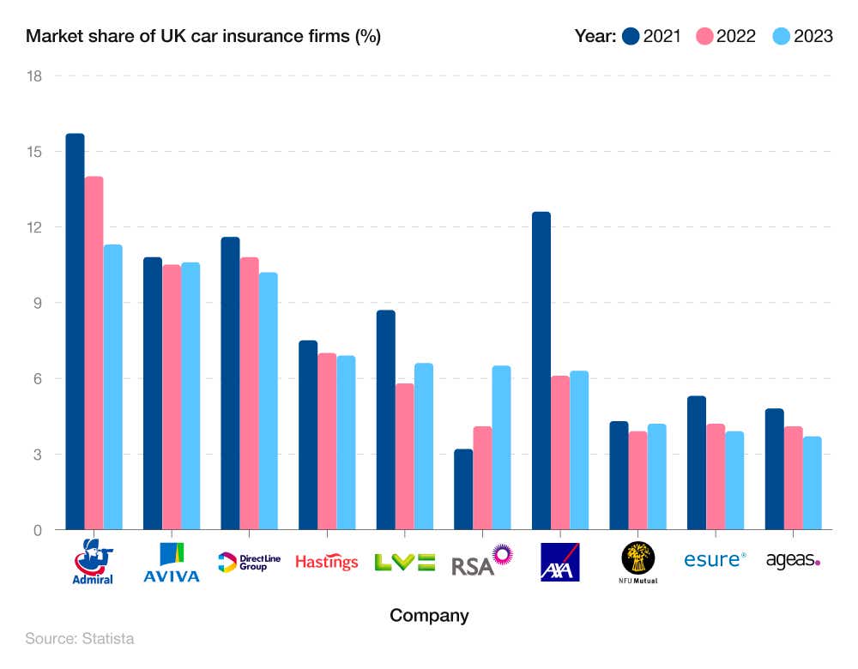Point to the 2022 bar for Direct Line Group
[249, 394]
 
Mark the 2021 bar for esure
[696, 463]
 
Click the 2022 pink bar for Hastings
[327, 442]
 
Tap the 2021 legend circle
[632, 36]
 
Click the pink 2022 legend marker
[705, 36]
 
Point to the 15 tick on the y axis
[35, 152]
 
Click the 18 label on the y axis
[35, 75]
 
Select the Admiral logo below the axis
[94, 562]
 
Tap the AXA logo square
[559, 562]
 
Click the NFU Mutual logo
[637, 562]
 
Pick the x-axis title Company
[429, 615]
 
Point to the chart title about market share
[203, 36]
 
